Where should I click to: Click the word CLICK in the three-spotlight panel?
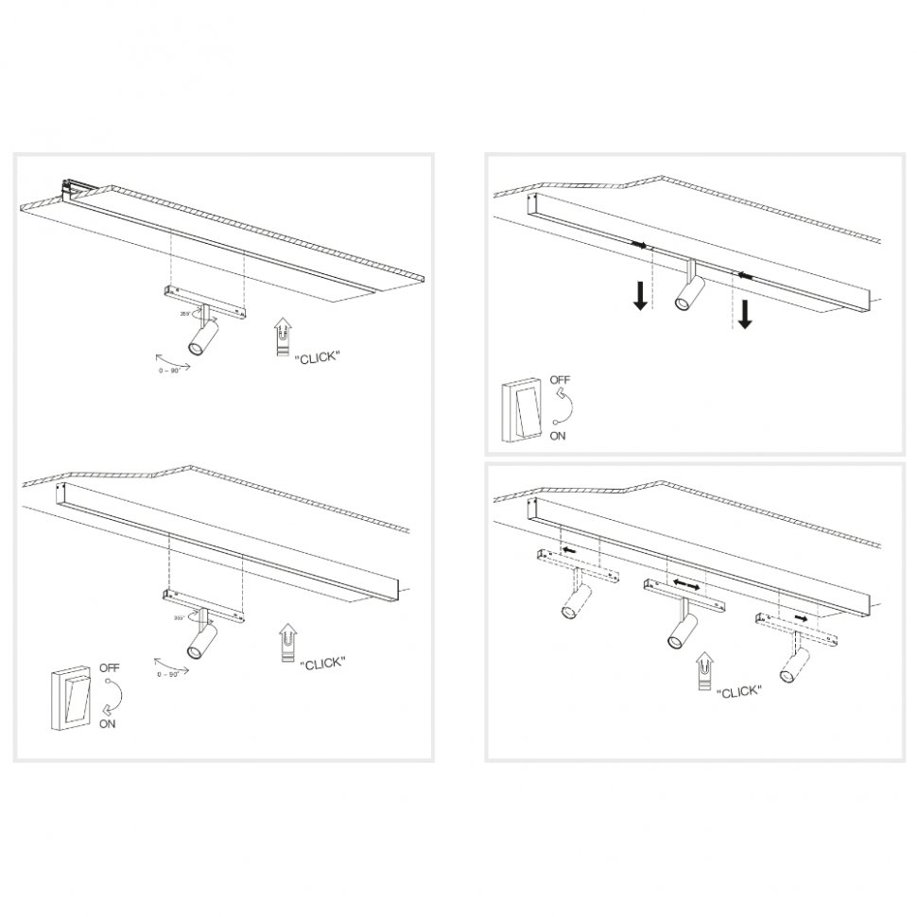click(739, 692)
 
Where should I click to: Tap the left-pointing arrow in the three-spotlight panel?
click(569, 549)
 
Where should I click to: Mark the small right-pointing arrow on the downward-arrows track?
click(642, 245)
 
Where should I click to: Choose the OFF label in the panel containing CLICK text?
click(110, 667)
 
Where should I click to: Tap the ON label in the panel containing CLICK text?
click(108, 724)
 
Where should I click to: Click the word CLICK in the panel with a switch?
click(322, 664)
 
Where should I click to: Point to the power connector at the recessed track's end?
click(68, 187)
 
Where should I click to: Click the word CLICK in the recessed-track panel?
click(318, 358)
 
